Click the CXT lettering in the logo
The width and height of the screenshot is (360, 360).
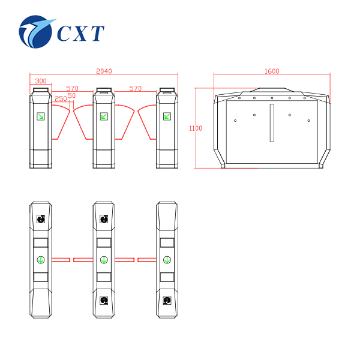click(x=80, y=33)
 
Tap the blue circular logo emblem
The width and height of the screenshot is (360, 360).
click(x=37, y=32)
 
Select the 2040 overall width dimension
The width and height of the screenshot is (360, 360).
click(x=104, y=71)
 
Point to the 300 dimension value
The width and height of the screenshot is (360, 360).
click(x=41, y=81)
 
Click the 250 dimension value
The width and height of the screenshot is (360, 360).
click(x=61, y=98)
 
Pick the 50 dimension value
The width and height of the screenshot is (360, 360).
click(x=72, y=95)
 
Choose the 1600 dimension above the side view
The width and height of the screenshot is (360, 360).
click(x=272, y=71)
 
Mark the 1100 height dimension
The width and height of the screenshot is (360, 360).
click(x=195, y=128)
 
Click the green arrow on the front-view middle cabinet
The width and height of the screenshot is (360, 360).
click(x=104, y=116)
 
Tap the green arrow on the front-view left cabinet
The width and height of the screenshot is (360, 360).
click(x=40, y=116)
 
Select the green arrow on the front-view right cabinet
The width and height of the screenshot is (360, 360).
click(x=167, y=116)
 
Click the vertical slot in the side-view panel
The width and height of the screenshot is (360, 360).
click(x=272, y=124)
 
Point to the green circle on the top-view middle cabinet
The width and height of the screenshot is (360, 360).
click(x=104, y=260)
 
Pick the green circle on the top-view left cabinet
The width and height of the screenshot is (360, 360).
click(x=40, y=260)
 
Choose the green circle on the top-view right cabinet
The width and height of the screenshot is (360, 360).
click(x=167, y=260)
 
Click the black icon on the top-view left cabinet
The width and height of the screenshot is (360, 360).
click(x=40, y=220)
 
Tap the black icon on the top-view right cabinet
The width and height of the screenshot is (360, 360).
click(x=167, y=299)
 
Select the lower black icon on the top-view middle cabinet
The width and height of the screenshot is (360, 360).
click(x=104, y=299)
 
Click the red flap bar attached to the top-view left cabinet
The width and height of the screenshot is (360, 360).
click(x=61, y=260)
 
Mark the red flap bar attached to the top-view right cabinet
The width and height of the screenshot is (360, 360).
click(x=146, y=260)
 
